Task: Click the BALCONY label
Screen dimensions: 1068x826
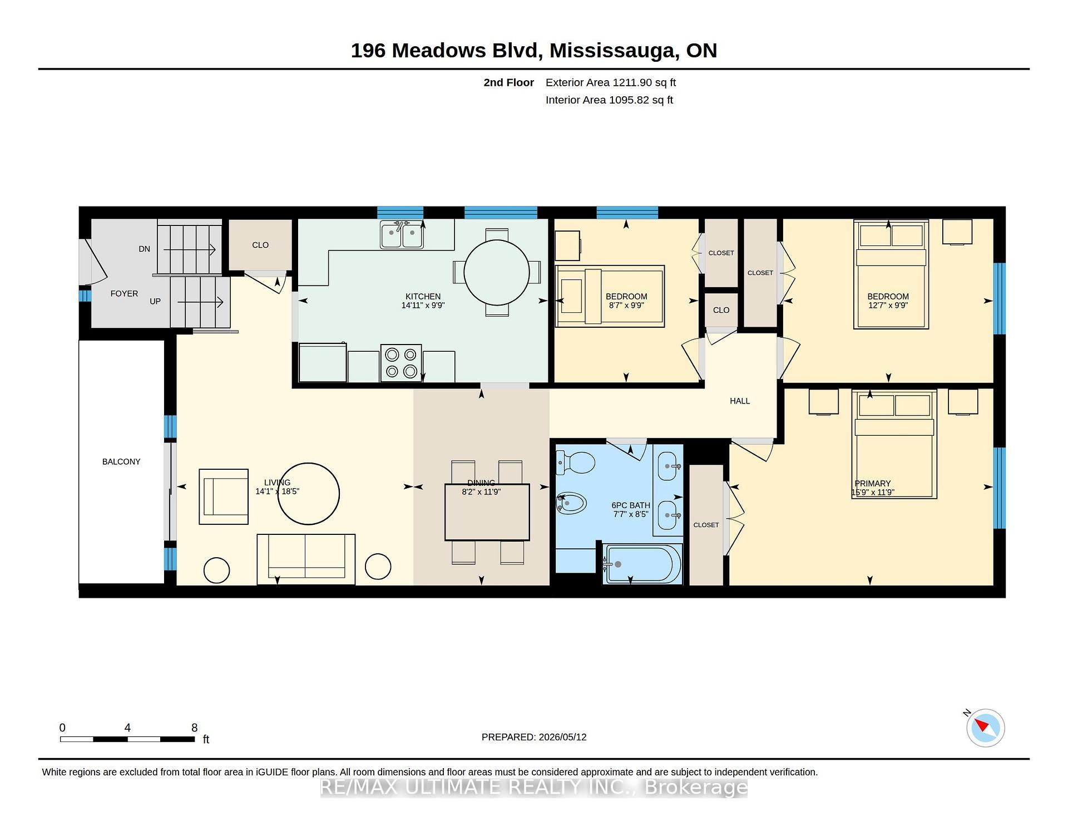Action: coord(121,461)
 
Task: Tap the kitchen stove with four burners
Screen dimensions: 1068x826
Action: coord(401,363)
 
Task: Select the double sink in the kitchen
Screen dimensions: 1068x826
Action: coord(402,234)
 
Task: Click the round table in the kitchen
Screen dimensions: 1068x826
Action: coord(497,273)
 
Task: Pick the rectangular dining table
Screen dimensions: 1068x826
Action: coord(487,512)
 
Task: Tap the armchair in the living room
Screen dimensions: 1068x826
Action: coord(224,496)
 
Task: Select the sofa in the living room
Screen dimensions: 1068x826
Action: coord(306,559)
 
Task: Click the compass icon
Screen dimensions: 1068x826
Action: coord(986,727)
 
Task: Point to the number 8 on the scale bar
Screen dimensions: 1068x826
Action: coord(194,727)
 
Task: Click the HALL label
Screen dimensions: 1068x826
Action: coord(740,401)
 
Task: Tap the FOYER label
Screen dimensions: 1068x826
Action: coord(124,293)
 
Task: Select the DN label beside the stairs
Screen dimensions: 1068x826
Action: coord(145,249)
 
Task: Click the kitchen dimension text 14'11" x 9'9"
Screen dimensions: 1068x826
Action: coord(423,305)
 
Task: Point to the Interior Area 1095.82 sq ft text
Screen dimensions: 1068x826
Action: coord(609,100)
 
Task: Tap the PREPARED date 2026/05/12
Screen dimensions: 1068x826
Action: coord(562,737)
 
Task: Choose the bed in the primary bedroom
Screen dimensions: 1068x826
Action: coord(894,444)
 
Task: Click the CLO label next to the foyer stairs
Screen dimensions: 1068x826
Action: coord(260,245)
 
